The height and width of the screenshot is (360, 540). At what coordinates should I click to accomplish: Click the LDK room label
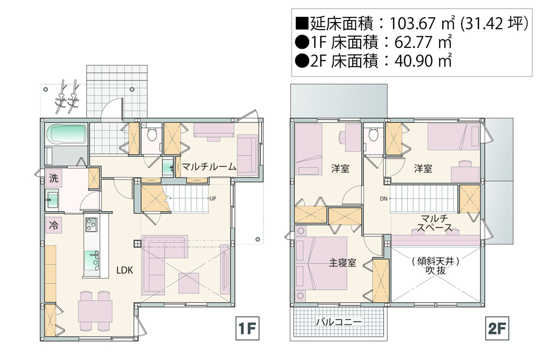coord(124,270)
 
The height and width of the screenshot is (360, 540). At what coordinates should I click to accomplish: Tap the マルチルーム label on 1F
coord(208,167)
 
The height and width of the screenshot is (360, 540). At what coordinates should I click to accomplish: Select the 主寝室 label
coord(342,263)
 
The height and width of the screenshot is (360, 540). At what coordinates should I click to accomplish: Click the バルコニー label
coord(339,322)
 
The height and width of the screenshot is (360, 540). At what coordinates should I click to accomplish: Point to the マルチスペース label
coord(434,223)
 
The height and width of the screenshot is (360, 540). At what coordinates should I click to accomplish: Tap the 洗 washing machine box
coord(53,178)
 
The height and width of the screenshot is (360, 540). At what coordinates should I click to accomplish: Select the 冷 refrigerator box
coord(53,226)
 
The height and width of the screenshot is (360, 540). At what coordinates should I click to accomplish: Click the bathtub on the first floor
coord(66,134)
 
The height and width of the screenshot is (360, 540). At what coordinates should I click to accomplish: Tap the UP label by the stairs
coord(213,199)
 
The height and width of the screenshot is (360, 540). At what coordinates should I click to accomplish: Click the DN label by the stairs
coord(383,199)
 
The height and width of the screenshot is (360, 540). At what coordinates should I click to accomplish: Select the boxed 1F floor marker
coord(247,329)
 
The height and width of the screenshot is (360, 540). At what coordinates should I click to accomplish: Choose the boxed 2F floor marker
coord(497,329)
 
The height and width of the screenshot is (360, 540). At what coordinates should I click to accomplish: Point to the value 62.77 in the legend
coord(413,42)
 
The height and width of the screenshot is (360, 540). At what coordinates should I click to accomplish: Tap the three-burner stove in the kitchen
coord(91,225)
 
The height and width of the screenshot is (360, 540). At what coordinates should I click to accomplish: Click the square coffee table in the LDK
coord(188,283)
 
